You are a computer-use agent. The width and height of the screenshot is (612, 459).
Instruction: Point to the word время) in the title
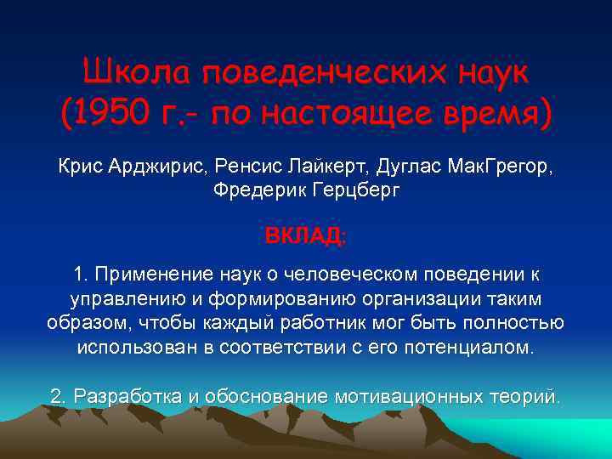[x=494, y=113]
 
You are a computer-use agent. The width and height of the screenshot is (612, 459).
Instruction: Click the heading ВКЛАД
[x=305, y=235]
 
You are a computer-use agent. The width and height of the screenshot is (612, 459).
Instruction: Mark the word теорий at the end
[x=527, y=396]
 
